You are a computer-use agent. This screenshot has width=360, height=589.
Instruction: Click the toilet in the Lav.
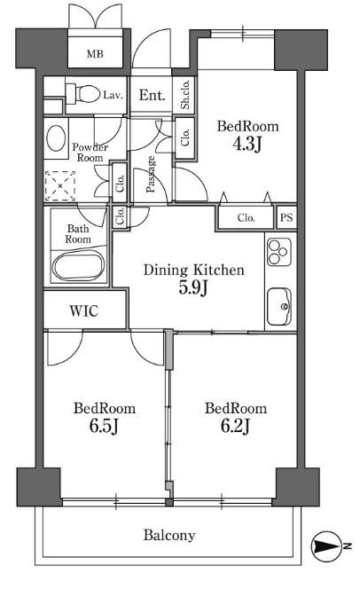82,94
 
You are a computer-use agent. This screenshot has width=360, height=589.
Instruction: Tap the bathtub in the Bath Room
78,265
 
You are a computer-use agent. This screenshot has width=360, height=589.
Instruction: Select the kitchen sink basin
279,307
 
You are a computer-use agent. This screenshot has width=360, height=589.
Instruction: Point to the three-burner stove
279,252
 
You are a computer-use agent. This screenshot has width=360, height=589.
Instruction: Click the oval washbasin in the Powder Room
56,138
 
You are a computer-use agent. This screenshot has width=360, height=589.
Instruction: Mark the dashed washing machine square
60,186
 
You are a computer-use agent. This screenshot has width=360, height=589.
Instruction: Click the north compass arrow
326,546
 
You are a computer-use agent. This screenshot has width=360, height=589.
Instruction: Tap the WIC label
84,311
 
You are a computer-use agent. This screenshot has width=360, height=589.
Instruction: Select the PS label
286,217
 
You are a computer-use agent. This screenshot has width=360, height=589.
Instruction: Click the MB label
95,54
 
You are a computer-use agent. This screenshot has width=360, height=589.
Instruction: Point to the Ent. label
152,96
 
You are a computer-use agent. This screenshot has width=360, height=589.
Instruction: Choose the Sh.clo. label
185,95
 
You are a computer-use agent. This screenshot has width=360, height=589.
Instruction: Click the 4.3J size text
247,144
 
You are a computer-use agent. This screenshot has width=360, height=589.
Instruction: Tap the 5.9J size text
193,287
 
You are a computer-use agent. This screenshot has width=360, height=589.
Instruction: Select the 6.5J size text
104,426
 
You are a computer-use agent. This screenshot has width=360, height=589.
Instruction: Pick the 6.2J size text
235,426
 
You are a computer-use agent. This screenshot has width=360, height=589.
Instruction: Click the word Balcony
169,535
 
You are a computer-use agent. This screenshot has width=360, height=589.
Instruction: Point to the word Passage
151,174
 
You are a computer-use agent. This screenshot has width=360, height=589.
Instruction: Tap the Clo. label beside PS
247,217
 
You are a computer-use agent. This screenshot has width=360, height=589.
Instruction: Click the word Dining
166,271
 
